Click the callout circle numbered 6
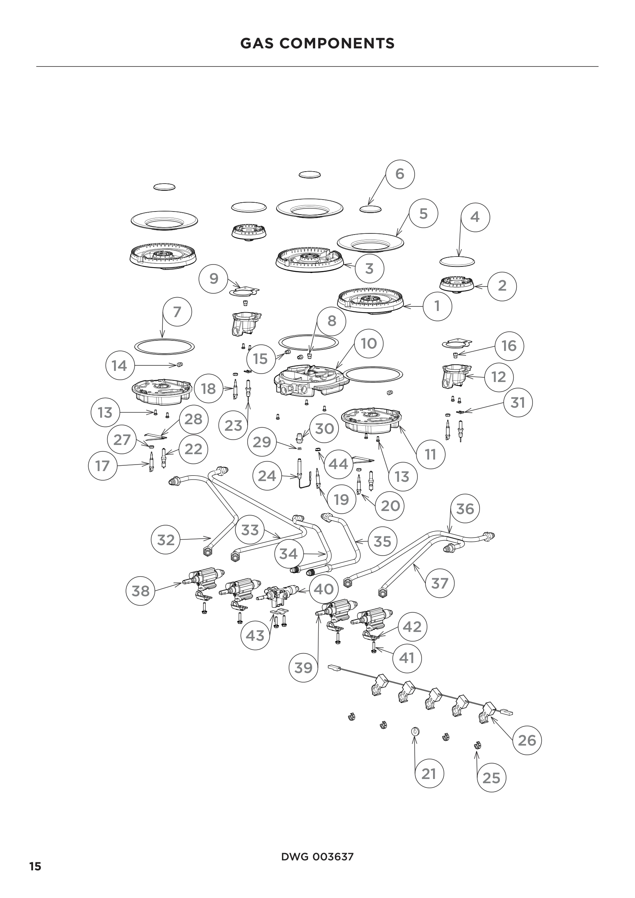[400, 174]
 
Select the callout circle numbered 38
[141, 590]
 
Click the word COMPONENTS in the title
[337, 43]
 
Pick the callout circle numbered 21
[429, 774]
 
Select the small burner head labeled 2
[457, 284]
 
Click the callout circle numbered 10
[368, 343]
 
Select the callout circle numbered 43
[255, 635]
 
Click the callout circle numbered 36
[465, 509]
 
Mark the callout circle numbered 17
[103, 466]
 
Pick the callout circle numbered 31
[518, 402]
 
